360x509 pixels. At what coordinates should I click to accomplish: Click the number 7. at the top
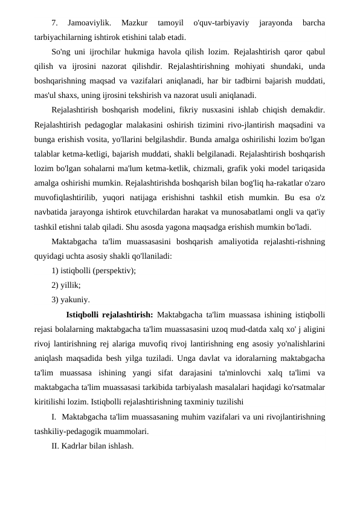(55, 24)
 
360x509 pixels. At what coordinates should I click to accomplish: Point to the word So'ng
(61, 53)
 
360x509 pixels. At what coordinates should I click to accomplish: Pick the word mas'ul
(44, 95)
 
